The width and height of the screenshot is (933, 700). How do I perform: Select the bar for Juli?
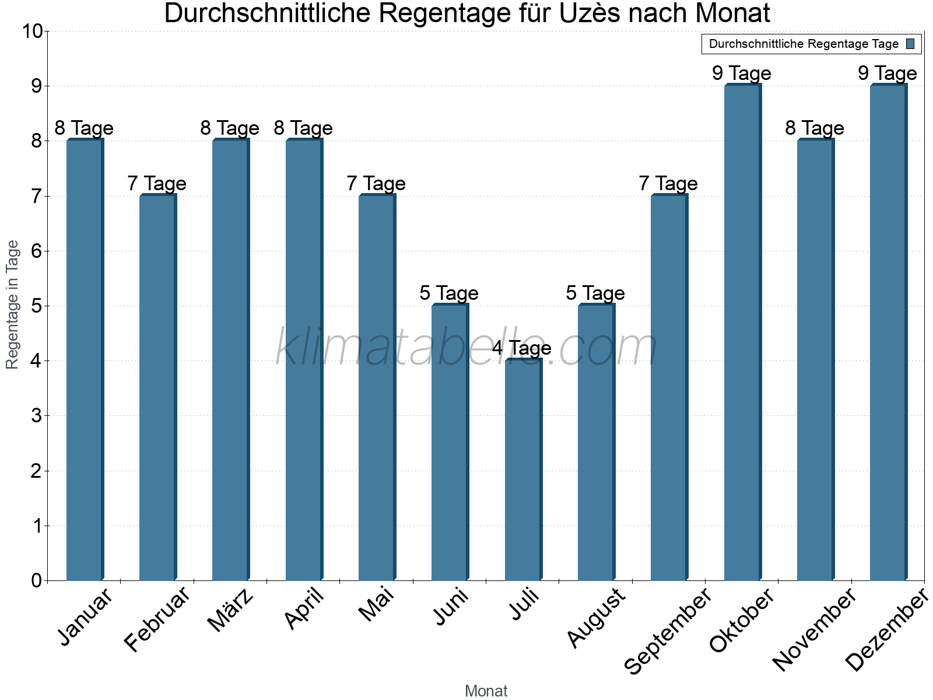point(523,470)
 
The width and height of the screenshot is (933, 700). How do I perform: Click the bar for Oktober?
point(742,332)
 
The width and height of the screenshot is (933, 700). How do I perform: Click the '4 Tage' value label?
point(522,348)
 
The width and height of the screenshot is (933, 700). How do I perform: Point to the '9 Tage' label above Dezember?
point(888,73)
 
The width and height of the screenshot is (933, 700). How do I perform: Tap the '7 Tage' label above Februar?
point(157,184)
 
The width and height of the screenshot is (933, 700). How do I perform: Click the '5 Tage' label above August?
point(595,293)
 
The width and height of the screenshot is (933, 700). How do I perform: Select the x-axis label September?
point(668,632)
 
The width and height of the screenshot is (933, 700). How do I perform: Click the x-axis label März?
point(232,610)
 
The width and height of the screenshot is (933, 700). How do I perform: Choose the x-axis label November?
point(815,631)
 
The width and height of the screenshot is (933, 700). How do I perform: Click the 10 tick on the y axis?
point(32,31)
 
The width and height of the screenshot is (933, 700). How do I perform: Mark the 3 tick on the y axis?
point(37,416)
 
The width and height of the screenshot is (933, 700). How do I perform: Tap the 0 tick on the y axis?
point(37,581)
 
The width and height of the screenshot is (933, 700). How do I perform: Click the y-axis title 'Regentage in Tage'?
point(12,304)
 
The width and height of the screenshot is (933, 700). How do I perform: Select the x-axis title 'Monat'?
point(486,691)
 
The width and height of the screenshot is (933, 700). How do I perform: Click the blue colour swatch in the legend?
point(910,44)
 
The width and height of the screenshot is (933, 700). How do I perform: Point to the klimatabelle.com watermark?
point(466,348)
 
